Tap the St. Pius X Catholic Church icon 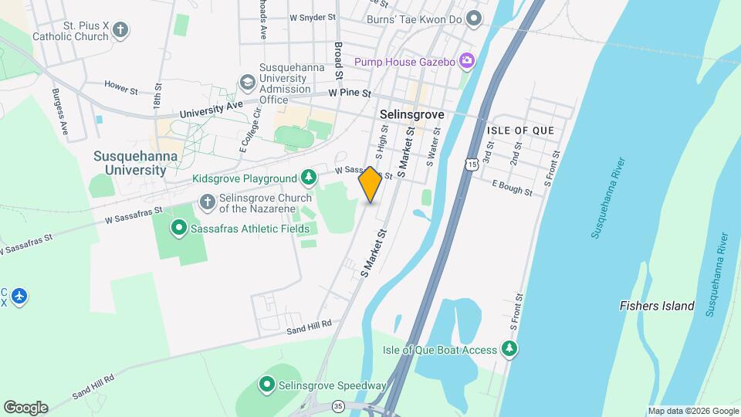coord(120,30)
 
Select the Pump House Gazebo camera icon coord(466,60)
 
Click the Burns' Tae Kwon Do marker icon coord(475,18)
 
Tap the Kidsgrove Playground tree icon coord(309,178)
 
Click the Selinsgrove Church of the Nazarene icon coord(207,202)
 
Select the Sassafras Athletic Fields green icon coord(179,228)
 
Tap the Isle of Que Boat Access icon coord(509,350)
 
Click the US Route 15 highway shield coord(471,163)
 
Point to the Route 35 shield coord(337,405)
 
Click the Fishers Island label coord(657,306)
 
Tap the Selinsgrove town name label coord(412,114)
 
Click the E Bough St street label coord(513,187)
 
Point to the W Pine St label coord(350,93)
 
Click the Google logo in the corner coord(25,407)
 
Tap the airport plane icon coord(19,296)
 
